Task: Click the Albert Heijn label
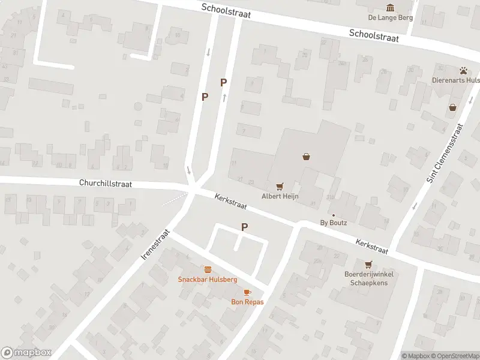pos(280,196)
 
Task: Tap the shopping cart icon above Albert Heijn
pos(279,187)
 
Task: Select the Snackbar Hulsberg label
pos(208,280)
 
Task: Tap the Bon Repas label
pos(247,302)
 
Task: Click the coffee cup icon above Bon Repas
pos(247,292)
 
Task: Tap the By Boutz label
pos(334,223)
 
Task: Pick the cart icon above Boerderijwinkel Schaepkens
pos(368,265)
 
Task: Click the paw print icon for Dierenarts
pos(464,70)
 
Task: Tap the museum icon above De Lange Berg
pos(391,7)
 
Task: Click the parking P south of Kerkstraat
pos(244,227)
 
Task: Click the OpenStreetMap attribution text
pos(457,356)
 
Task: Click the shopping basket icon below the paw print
pos(452,107)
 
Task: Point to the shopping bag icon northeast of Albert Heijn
pos(307,157)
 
